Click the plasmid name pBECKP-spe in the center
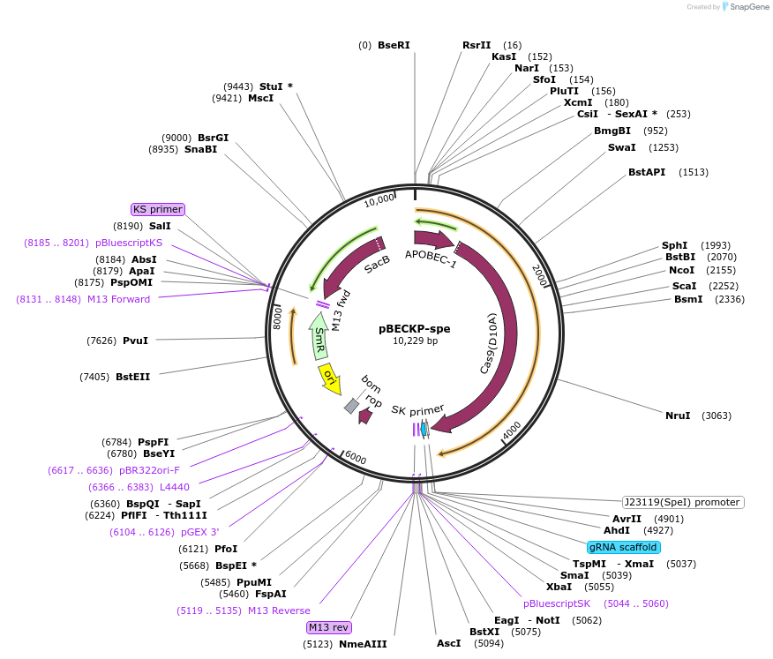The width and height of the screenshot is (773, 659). tap(414, 328)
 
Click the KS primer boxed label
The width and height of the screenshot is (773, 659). tap(158, 209)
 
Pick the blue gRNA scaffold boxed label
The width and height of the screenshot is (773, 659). tap(623, 547)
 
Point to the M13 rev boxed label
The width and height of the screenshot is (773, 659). tap(328, 627)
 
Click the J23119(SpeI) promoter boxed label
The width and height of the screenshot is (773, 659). tap(682, 502)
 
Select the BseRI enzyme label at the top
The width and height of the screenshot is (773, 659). tap(394, 45)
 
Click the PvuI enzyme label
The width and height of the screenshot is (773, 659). tap(135, 340)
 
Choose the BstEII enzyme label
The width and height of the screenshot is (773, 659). tap(132, 377)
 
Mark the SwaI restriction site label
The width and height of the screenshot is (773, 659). tap(621, 147)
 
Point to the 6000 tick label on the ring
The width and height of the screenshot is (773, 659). tap(355, 457)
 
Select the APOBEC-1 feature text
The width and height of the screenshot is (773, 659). tap(431, 259)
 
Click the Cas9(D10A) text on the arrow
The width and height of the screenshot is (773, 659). tap(488, 342)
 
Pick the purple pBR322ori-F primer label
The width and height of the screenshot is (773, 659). tap(149, 470)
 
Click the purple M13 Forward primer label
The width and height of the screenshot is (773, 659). tap(118, 299)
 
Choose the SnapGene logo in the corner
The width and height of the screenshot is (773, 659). tap(747, 7)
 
